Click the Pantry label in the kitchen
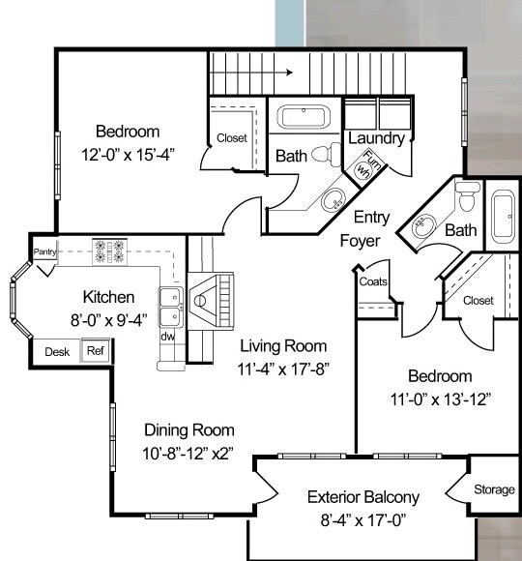pos(44,251)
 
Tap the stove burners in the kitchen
pos(109,251)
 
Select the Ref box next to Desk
pos(96,350)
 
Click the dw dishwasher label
pos(167,337)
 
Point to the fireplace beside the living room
pos(212,301)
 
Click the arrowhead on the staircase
pos(289,73)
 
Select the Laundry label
pos(376,138)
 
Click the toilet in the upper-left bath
pos(326,154)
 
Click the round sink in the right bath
pos(423,225)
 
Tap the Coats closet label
pos(373,281)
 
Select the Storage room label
pos(495,489)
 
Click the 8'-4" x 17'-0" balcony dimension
pos(363,520)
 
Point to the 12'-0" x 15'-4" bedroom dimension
pos(128,156)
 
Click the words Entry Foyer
pos(365,229)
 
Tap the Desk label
pos(57,352)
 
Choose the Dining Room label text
pos(189,430)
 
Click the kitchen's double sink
pos(171,307)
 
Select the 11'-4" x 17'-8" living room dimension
pos(283,369)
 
